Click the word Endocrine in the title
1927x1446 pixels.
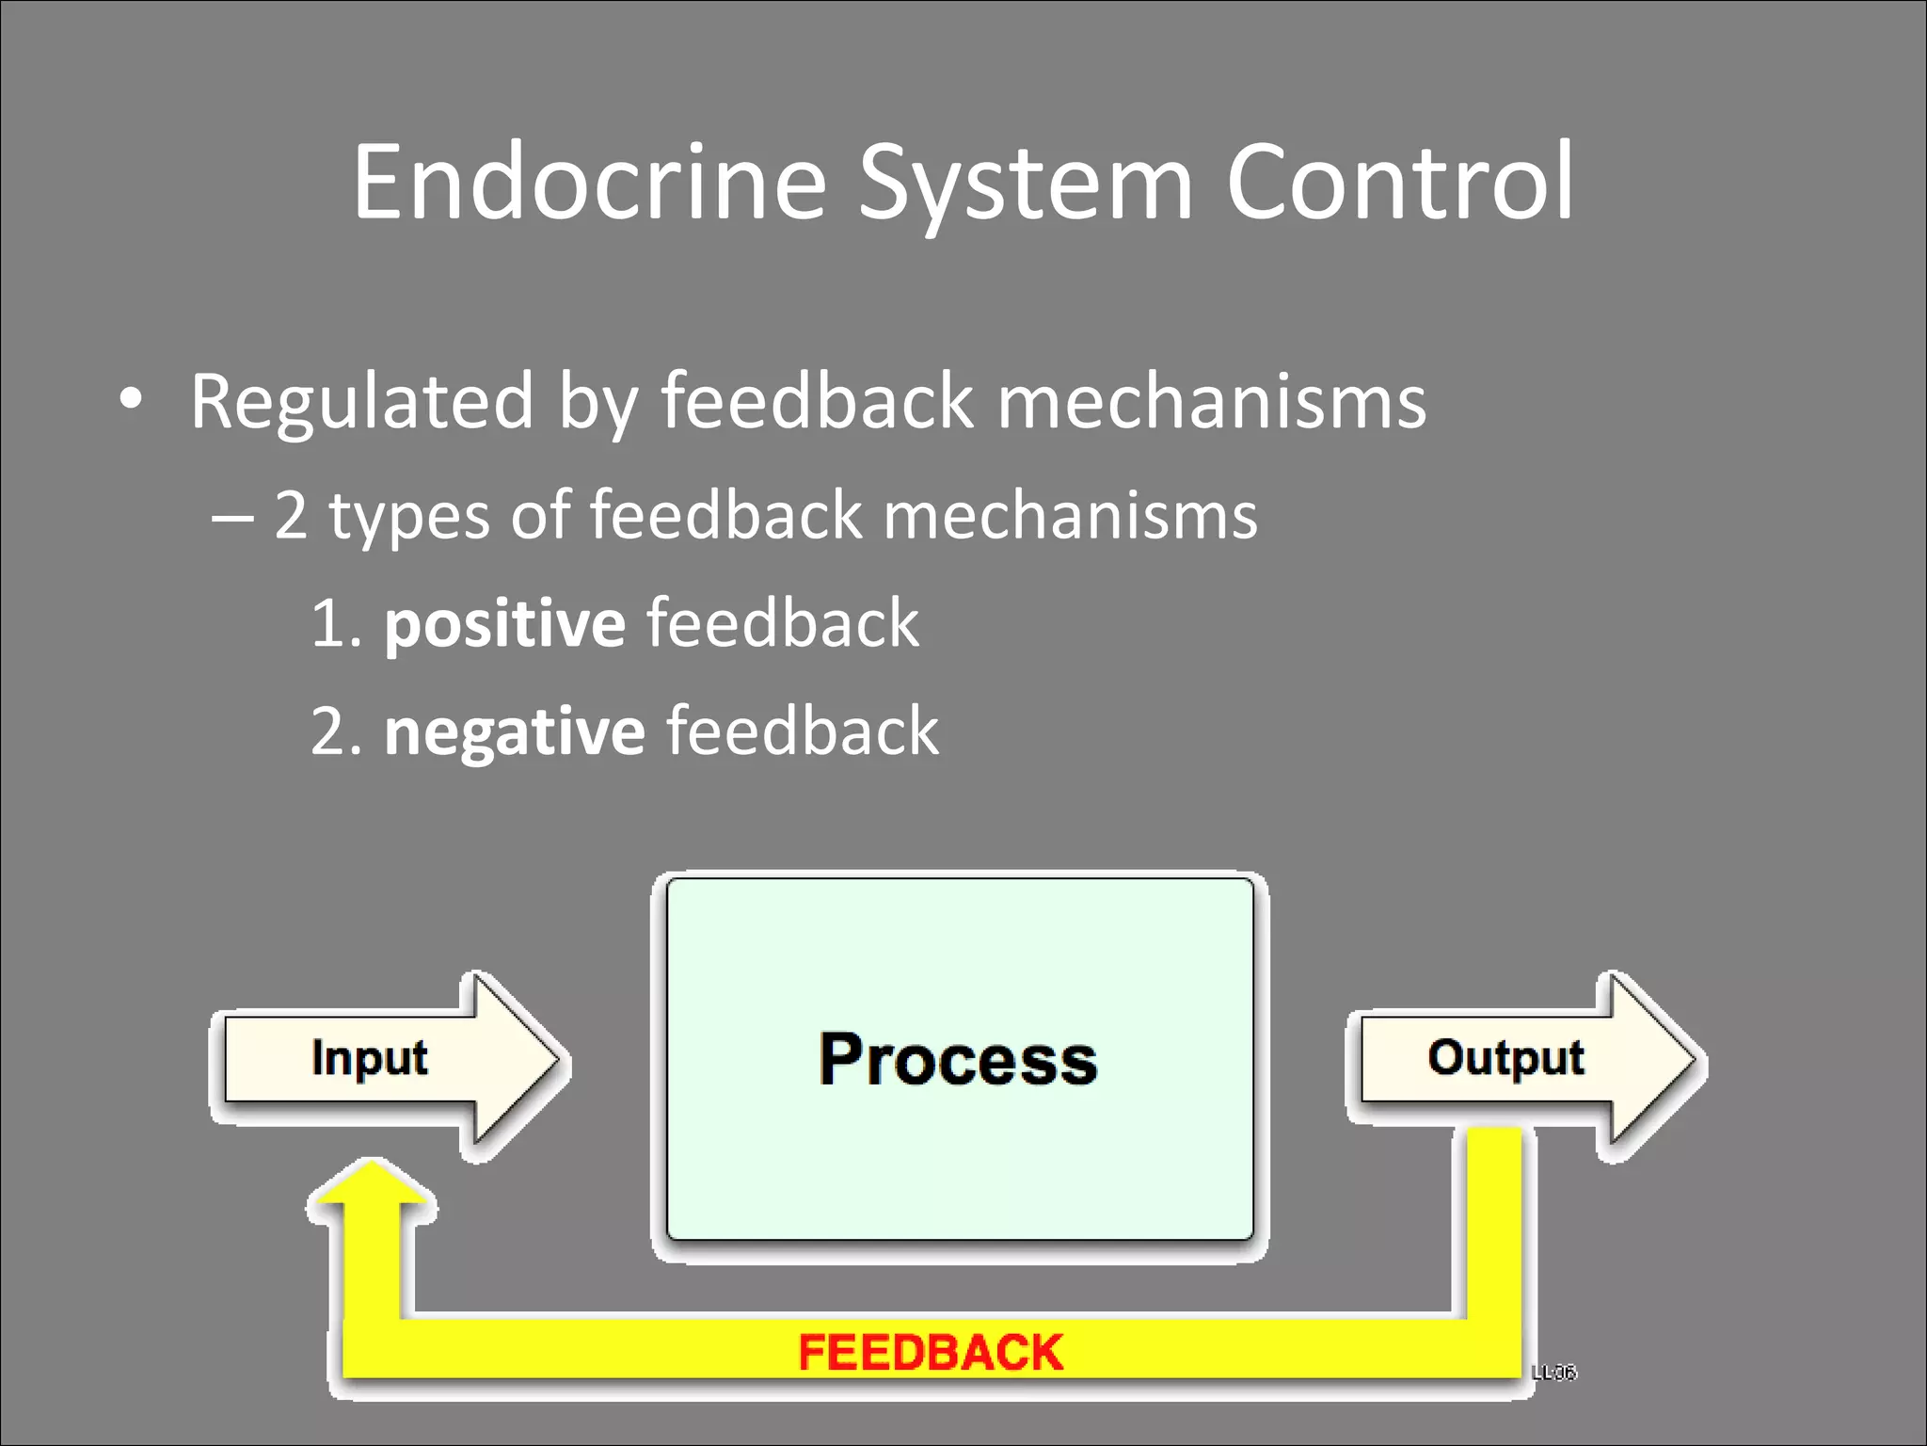(x=589, y=183)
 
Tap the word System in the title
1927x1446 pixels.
(x=1026, y=185)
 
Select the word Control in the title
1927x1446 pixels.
(x=1399, y=183)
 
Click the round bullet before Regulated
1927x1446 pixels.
(x=132, y=399)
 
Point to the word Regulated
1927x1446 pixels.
(x=362, y=403)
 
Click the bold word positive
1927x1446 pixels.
(x=504, y=625)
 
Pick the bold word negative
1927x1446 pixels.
(x=514, y=732)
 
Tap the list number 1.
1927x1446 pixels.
(x=329, y=625)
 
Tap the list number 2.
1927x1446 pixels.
(x=331, y=732)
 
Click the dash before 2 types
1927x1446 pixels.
(x=232, y=518)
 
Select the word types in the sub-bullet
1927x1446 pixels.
(x=409, y=518)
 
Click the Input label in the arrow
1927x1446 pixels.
(x=369, y=1058)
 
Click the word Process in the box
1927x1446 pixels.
(x=958, y=1060)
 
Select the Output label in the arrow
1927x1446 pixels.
(x=1505, y=1058)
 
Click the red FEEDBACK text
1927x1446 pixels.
(x=930, y=1353)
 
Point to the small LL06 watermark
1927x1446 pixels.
(x=1553, y=1373)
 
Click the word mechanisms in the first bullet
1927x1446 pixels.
(x=1211, y=403)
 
